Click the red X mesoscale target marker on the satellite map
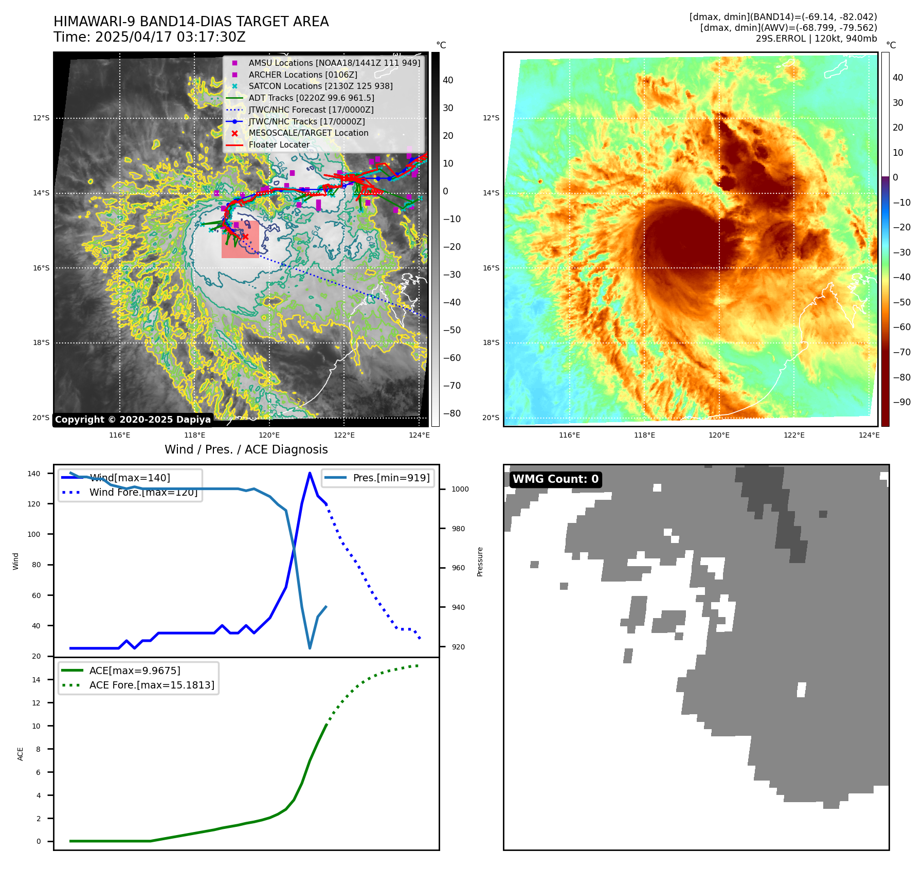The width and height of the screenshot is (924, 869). [x=245, y=237]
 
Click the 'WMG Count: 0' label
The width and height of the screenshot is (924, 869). [x=555, y=479]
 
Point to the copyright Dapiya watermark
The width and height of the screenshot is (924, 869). [x=133, y=420]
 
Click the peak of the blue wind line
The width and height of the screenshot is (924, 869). [x=310, y=473]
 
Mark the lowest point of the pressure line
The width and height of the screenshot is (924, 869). [x=310, y=648]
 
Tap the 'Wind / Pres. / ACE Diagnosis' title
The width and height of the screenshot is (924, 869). [x=246, y=449]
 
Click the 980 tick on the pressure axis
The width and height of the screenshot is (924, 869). [x=460, y=529]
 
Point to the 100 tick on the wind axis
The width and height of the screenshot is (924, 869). [x=33, y=534]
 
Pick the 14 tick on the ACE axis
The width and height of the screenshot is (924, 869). [x=36, y=680]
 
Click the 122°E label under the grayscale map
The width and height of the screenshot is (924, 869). [x=344, y=435]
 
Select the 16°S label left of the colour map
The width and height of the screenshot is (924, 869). [x=491, y=268]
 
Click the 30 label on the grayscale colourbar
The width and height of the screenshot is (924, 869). [x=448, y=108]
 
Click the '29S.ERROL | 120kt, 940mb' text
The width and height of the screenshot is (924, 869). [x=816, y=39]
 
